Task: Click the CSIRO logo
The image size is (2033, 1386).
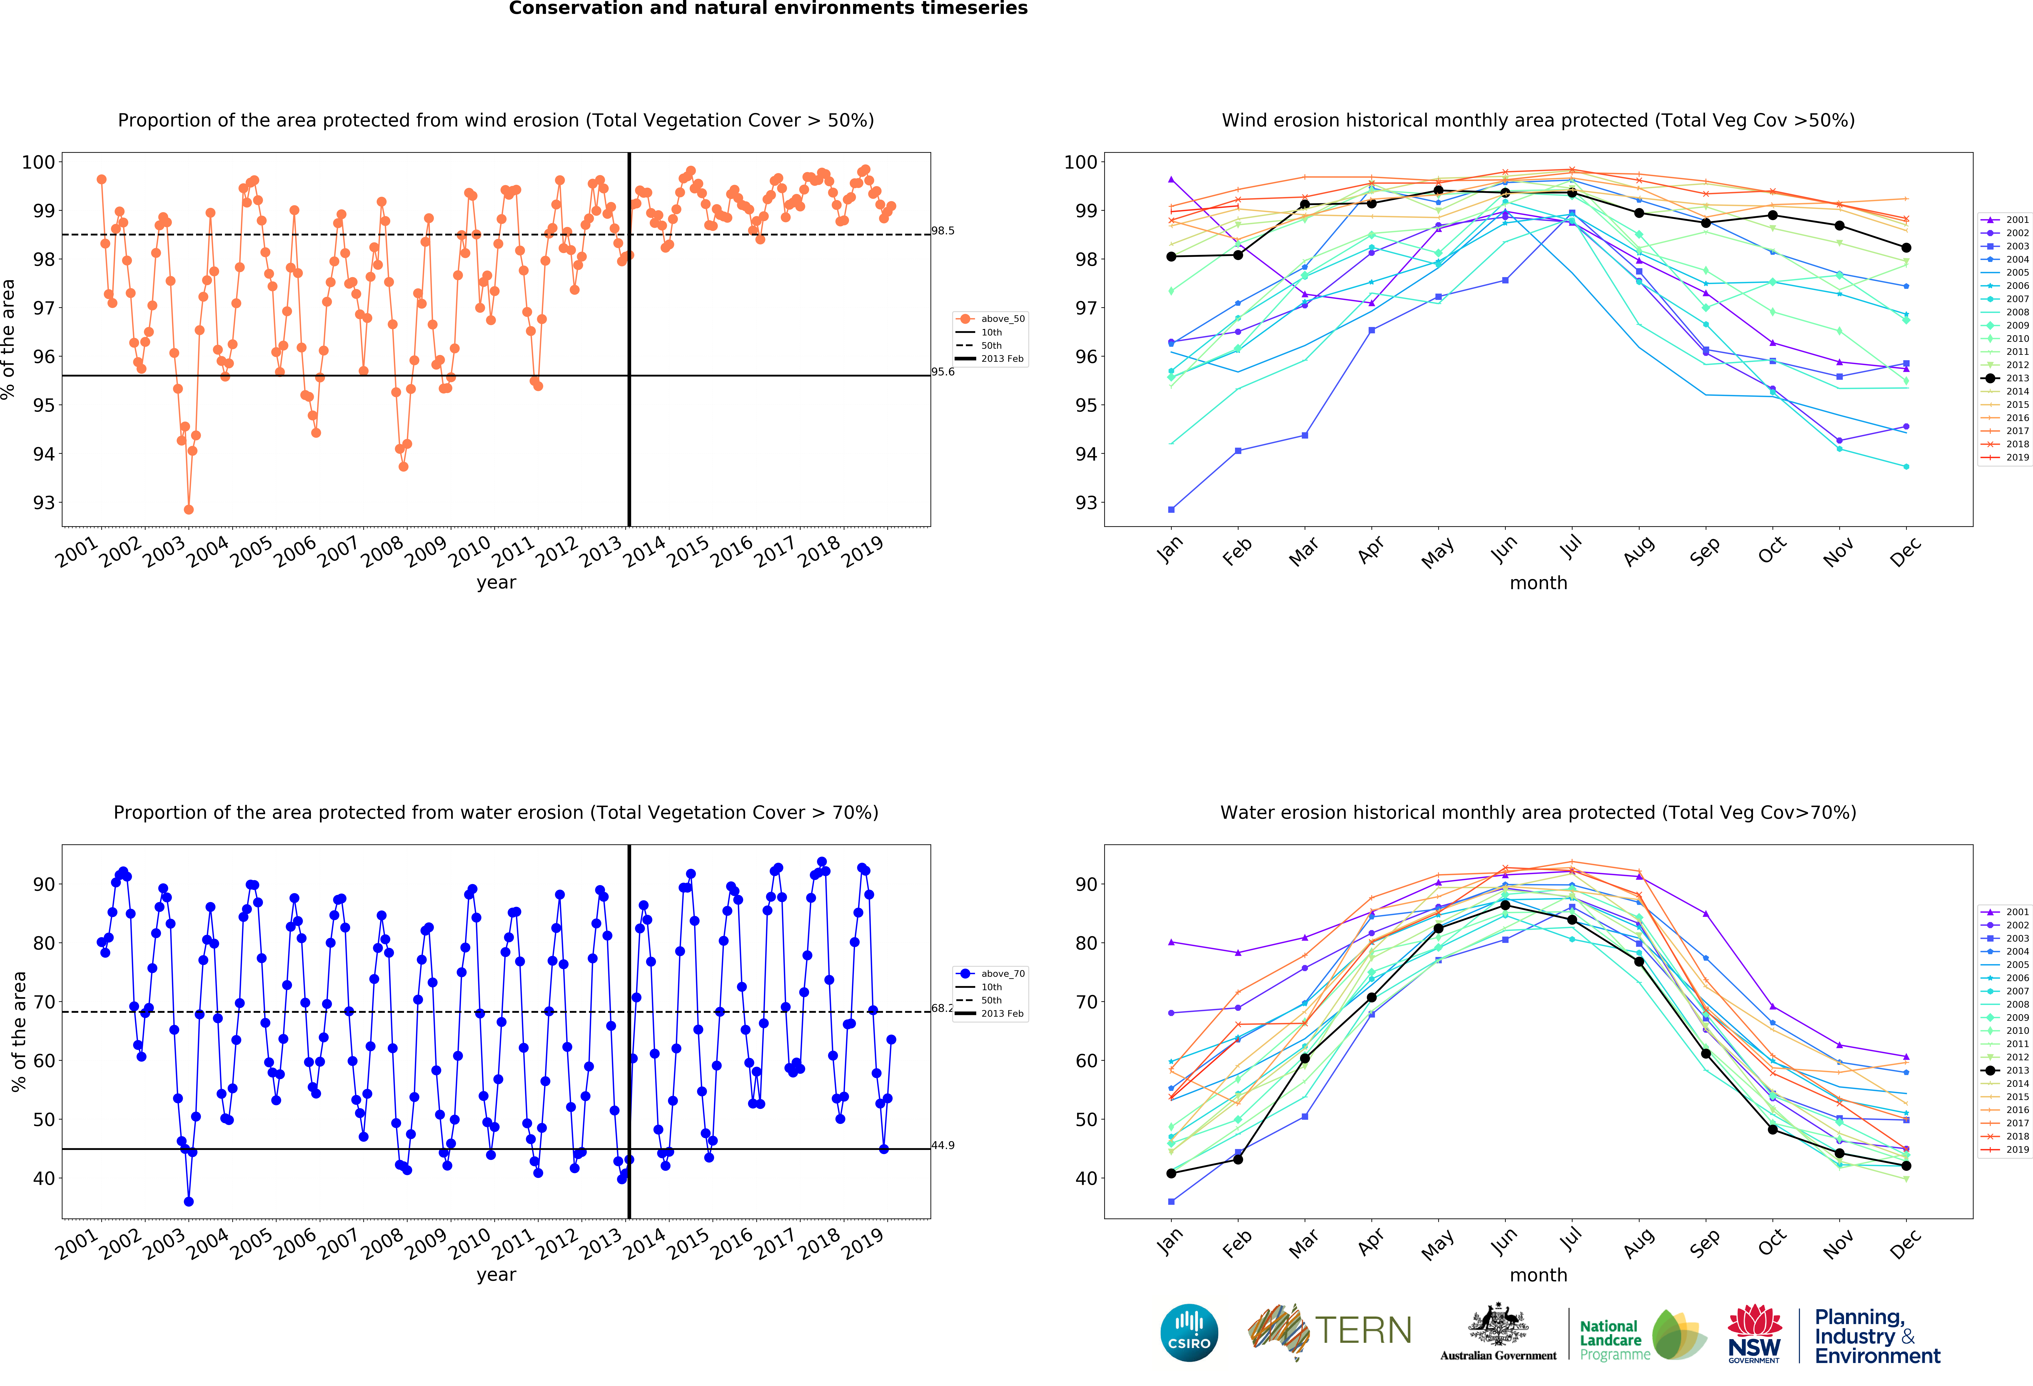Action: coord(1189,1333)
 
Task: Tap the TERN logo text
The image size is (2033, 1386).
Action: coord(1363,1331)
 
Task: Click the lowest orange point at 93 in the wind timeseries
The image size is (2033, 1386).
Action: coord(189,509)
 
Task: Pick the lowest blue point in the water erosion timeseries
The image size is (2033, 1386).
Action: coord(189,1201)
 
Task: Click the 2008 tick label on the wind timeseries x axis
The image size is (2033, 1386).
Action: coord(382,553)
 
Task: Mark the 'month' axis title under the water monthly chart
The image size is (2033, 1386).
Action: coord(1538,1275)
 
